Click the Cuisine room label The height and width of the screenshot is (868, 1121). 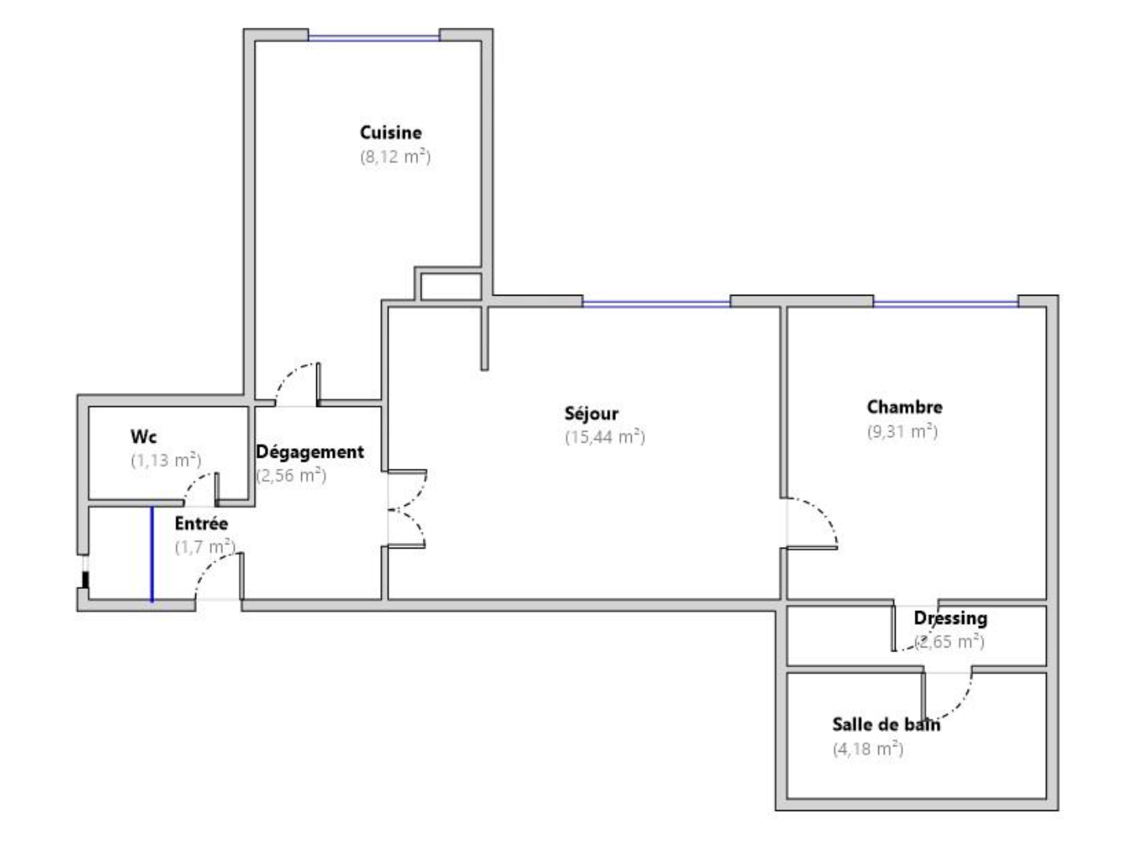coord(391,133)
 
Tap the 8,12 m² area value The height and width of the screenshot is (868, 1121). coord(395,157)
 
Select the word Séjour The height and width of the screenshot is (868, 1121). coord(591,413)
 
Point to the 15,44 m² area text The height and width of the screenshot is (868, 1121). coord(605,437)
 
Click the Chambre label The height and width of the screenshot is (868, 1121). coord(904,407)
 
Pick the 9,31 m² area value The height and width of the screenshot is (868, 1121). coord(902,431)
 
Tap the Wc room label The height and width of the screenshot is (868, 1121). coord(143,436)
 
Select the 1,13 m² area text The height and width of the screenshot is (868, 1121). coord(165,459)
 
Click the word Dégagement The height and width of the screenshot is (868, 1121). coord(310,452)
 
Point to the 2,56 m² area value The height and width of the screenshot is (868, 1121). coord(292,475)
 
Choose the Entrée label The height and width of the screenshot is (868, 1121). coord(201,523)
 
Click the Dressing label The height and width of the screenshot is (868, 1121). coord(950,618)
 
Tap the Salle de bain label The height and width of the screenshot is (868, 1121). coord(886,724)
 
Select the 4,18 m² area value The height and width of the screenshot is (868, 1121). coord(868,749)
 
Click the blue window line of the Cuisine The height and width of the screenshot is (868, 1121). coord(374,38)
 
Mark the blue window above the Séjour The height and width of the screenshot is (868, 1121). coord(656,304)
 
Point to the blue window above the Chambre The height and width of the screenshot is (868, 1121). coord(945,304)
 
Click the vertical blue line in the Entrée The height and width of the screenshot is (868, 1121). coord(152,554)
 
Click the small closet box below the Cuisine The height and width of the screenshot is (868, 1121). coord(451,286)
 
